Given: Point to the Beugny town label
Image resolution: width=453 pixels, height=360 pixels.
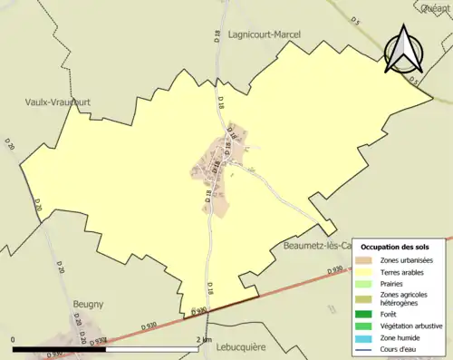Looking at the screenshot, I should point(87,305).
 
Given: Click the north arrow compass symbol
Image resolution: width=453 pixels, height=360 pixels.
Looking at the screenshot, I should point(404,49).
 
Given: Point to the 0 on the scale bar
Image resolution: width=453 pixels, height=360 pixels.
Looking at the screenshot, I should point(14,340).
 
